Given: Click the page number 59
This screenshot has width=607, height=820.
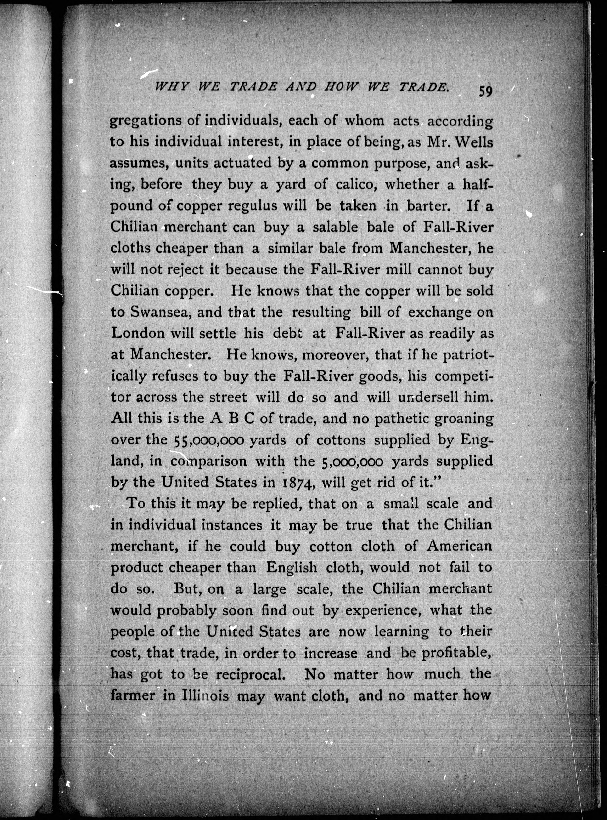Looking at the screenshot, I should click(x=485, y=91).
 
